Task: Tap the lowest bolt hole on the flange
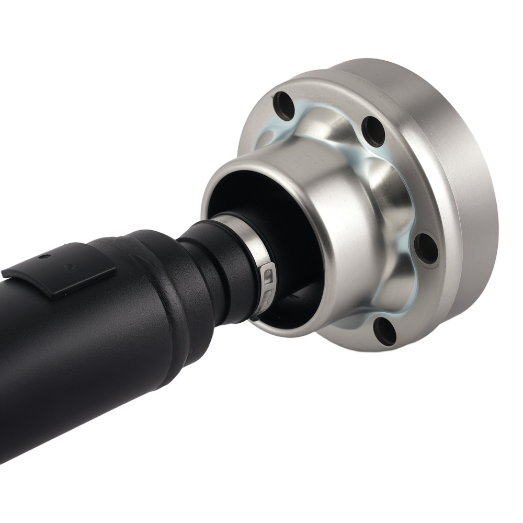(385, 331)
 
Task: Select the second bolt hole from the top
(374, 131)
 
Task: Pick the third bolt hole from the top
(426, 248)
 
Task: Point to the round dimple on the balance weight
(69, 266)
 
